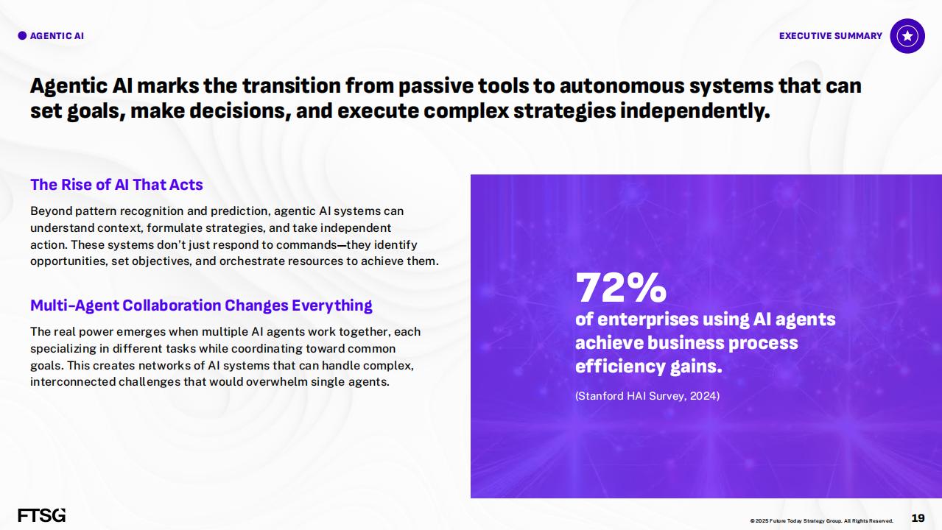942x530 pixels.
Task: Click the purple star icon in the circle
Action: [x=907, y=36]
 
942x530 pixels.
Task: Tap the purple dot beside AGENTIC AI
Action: [x=22, y=36]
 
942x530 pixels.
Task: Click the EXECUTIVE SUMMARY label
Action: [x=831, y=36]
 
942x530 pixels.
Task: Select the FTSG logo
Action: [x=42, y=515]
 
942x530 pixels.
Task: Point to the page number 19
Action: [x=918, y=518]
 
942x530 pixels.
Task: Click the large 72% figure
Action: [x=621, y=288]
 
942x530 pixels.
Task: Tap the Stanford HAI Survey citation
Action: [x=647, y=396]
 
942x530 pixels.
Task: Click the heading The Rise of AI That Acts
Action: [x=116, y=185]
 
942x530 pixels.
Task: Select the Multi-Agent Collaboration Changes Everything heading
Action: [x=201, y=305]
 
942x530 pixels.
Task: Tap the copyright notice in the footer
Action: [x=822, y=520]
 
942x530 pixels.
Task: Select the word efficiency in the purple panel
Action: [x=620, y=367]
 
